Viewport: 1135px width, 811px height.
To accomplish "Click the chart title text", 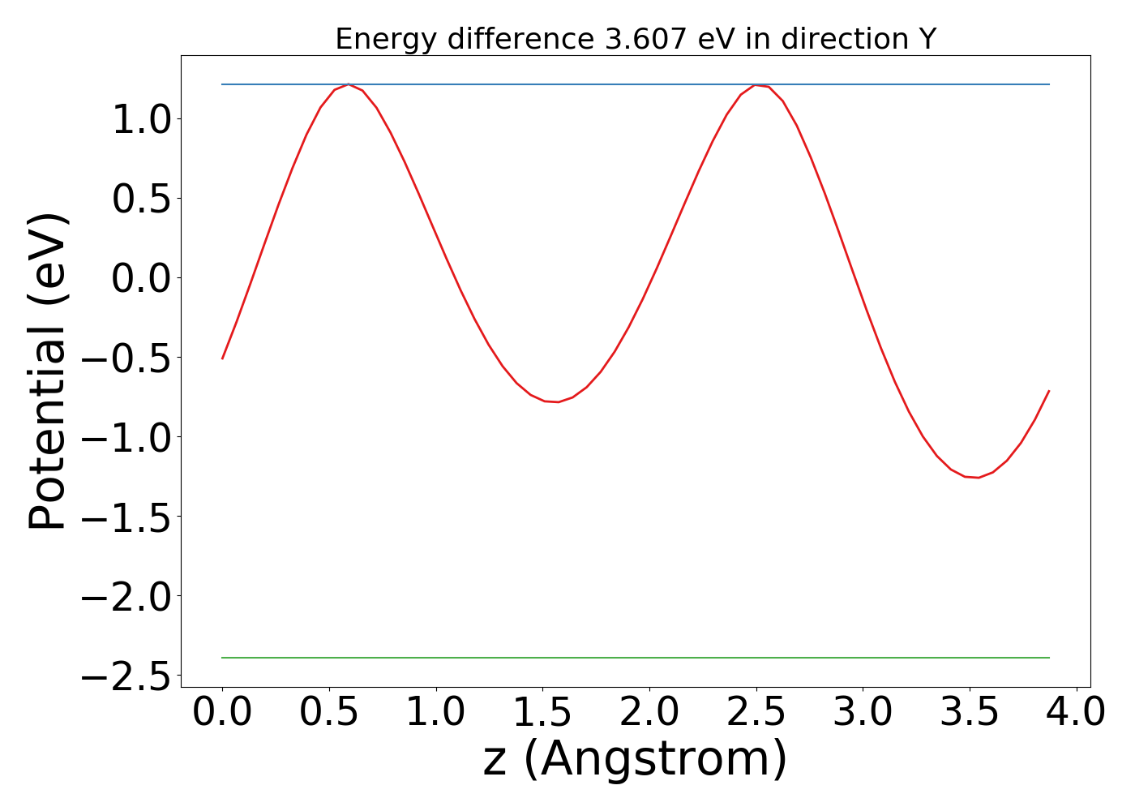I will pyautogui.click(x=636, y=39).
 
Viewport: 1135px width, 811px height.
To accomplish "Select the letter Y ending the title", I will pyautogui.click(x=927, y=39).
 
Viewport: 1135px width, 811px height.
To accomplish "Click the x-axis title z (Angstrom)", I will pyautogui.click(x=636, y=759).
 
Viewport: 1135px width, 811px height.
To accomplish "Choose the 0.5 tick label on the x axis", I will pyautogui.click(x=329, y=713).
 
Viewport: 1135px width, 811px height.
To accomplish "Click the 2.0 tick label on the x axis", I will pyautogui.click(x=649, y=713).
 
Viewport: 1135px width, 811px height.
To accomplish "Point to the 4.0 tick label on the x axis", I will pyautogui.click(x=1076, y=713).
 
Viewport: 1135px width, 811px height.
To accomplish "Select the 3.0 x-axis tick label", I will pyautogui.click(x=863, y=713).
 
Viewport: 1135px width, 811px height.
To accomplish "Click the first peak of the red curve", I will pyautogui.click(x=348, y=84).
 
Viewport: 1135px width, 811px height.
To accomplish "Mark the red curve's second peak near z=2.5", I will pyautogui.click(x=756, y=85).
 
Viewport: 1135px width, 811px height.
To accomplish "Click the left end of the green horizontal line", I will pyautogui.click(x=223, y=658).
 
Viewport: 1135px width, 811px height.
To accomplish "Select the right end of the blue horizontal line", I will pyautogui.click(x=1049, y=84).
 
